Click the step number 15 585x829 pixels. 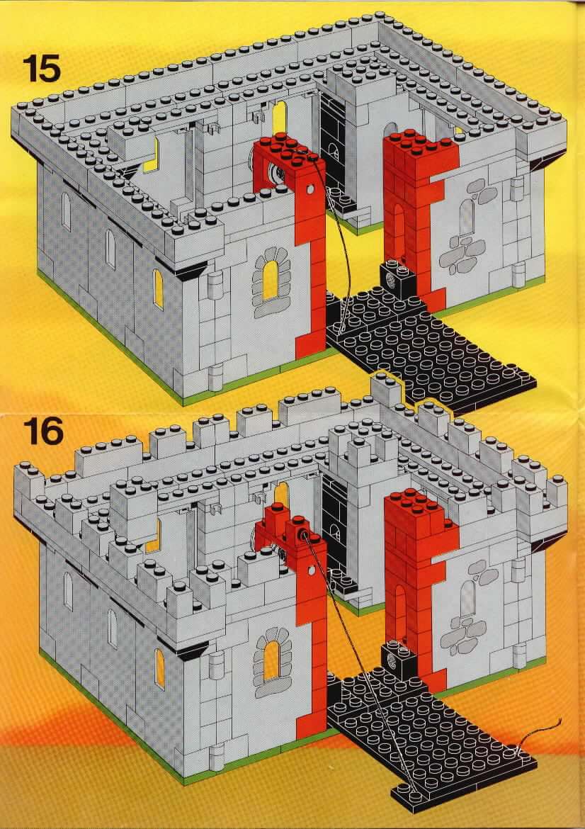point(42,70)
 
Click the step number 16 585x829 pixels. point(42,432)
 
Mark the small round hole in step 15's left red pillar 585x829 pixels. point(309,188)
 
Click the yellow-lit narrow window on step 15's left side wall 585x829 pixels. point(158,289)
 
